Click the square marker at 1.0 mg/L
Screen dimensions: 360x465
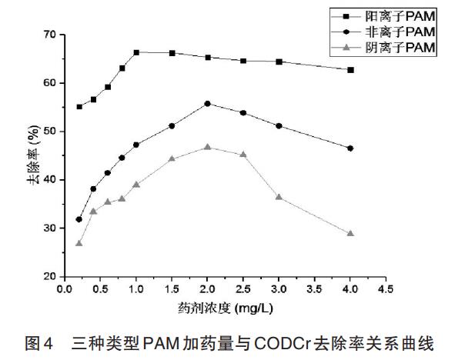click(x=136, y=52)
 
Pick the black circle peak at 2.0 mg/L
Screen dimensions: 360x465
click(x=208, y=103)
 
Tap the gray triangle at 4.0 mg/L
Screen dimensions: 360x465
click(x=351, y=233)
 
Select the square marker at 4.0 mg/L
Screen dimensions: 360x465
click(x=351, y=70)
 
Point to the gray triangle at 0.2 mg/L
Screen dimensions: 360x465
click(x=79, y=243)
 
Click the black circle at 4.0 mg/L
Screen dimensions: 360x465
click(x=351, y=148)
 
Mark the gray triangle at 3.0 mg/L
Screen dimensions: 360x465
click(x=279, y=197)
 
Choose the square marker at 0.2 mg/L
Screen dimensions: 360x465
click(x=79, y=106)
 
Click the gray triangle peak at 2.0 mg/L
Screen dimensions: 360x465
click(x=208, y=147)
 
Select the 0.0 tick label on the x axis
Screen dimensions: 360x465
click(x=65, y=289)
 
